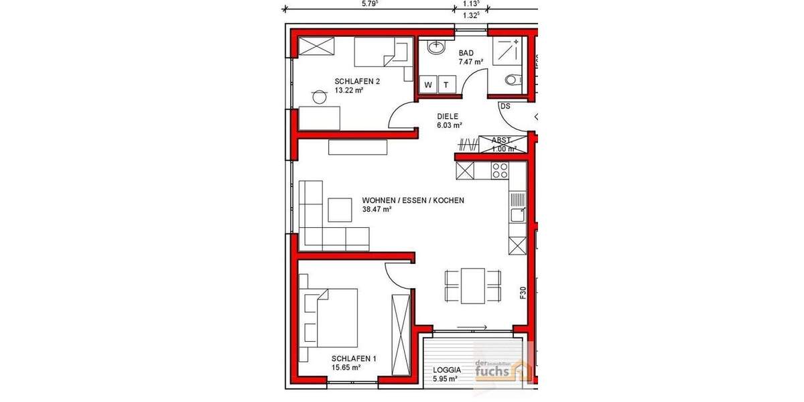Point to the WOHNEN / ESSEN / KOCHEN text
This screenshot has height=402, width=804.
(x=413, y=200)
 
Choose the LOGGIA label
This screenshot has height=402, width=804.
(x=446, y=369)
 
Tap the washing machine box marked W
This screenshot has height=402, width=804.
(x=427, y=84)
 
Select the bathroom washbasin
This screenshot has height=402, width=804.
(x=436, y=48)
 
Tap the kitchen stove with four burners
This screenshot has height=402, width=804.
(x=500, y=171)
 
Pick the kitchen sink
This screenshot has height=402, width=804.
(x=517, y=215)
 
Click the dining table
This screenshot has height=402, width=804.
(x=473, y=285)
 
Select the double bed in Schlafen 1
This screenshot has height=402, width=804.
(x=331, y=317)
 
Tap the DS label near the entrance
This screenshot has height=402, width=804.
(x=505, y=107)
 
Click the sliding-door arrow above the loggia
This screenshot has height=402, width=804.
(x=472, y=327)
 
